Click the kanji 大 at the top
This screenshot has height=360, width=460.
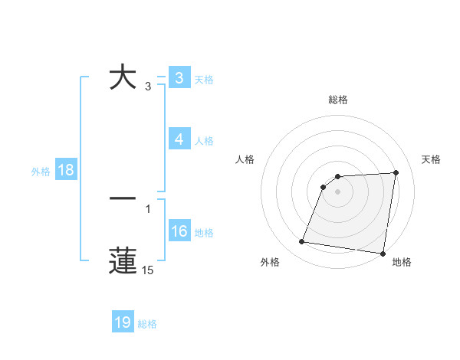[123, 77]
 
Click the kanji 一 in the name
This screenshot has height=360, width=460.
[123, 198]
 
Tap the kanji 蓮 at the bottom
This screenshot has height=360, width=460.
[123, 260]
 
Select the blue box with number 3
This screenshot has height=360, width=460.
[179, 78]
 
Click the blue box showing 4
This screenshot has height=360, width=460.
[179, 139]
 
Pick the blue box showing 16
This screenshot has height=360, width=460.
[179, 231]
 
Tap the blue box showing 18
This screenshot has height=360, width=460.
[66, 170]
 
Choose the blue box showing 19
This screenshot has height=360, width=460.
[123, 322]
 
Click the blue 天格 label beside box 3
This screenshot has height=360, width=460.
[204, 79]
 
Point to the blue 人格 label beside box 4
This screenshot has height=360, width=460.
[204, 140]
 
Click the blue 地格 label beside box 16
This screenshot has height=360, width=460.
[204, 232]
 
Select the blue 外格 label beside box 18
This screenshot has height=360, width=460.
[41, 171]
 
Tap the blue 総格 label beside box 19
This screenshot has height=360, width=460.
[147, 324]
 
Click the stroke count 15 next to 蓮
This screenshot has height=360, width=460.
[148, 270]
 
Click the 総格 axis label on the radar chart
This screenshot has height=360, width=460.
[337, 100]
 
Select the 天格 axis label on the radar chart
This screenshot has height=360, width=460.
[432, 159]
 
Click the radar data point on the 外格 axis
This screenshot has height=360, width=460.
[301, 242]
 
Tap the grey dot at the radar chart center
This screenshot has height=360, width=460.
[337, 191]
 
